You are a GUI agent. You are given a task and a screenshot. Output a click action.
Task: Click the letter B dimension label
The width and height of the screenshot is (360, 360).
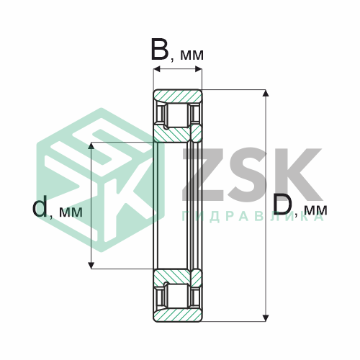pyautogui.click(x=159, y=50)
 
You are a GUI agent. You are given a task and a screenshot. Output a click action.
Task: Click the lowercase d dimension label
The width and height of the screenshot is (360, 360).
pyautogui.click(x=40, y=206)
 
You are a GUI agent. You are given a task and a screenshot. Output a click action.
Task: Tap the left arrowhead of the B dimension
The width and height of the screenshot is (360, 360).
pyautogui.click(x=157, y=69)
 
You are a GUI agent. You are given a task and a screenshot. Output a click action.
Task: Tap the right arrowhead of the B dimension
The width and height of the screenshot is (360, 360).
pyautogui.click(x=199, y=69)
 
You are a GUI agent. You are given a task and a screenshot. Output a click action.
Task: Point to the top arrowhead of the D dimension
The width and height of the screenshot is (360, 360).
pyautogui.click(x=265, y=93)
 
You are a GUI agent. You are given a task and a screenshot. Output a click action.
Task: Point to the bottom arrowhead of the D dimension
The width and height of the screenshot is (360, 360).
pyautogui.click(x=265, y=318)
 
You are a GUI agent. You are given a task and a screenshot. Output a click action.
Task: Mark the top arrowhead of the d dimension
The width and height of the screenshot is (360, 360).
pyautogui.click(x=91, y=145)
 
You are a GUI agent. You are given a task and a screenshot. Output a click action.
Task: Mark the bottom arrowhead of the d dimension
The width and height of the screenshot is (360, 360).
pyautogui.click(x=91, y=265)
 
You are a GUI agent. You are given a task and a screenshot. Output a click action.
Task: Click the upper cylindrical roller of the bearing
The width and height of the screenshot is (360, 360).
pyautogui.click(x=178, y=115)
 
